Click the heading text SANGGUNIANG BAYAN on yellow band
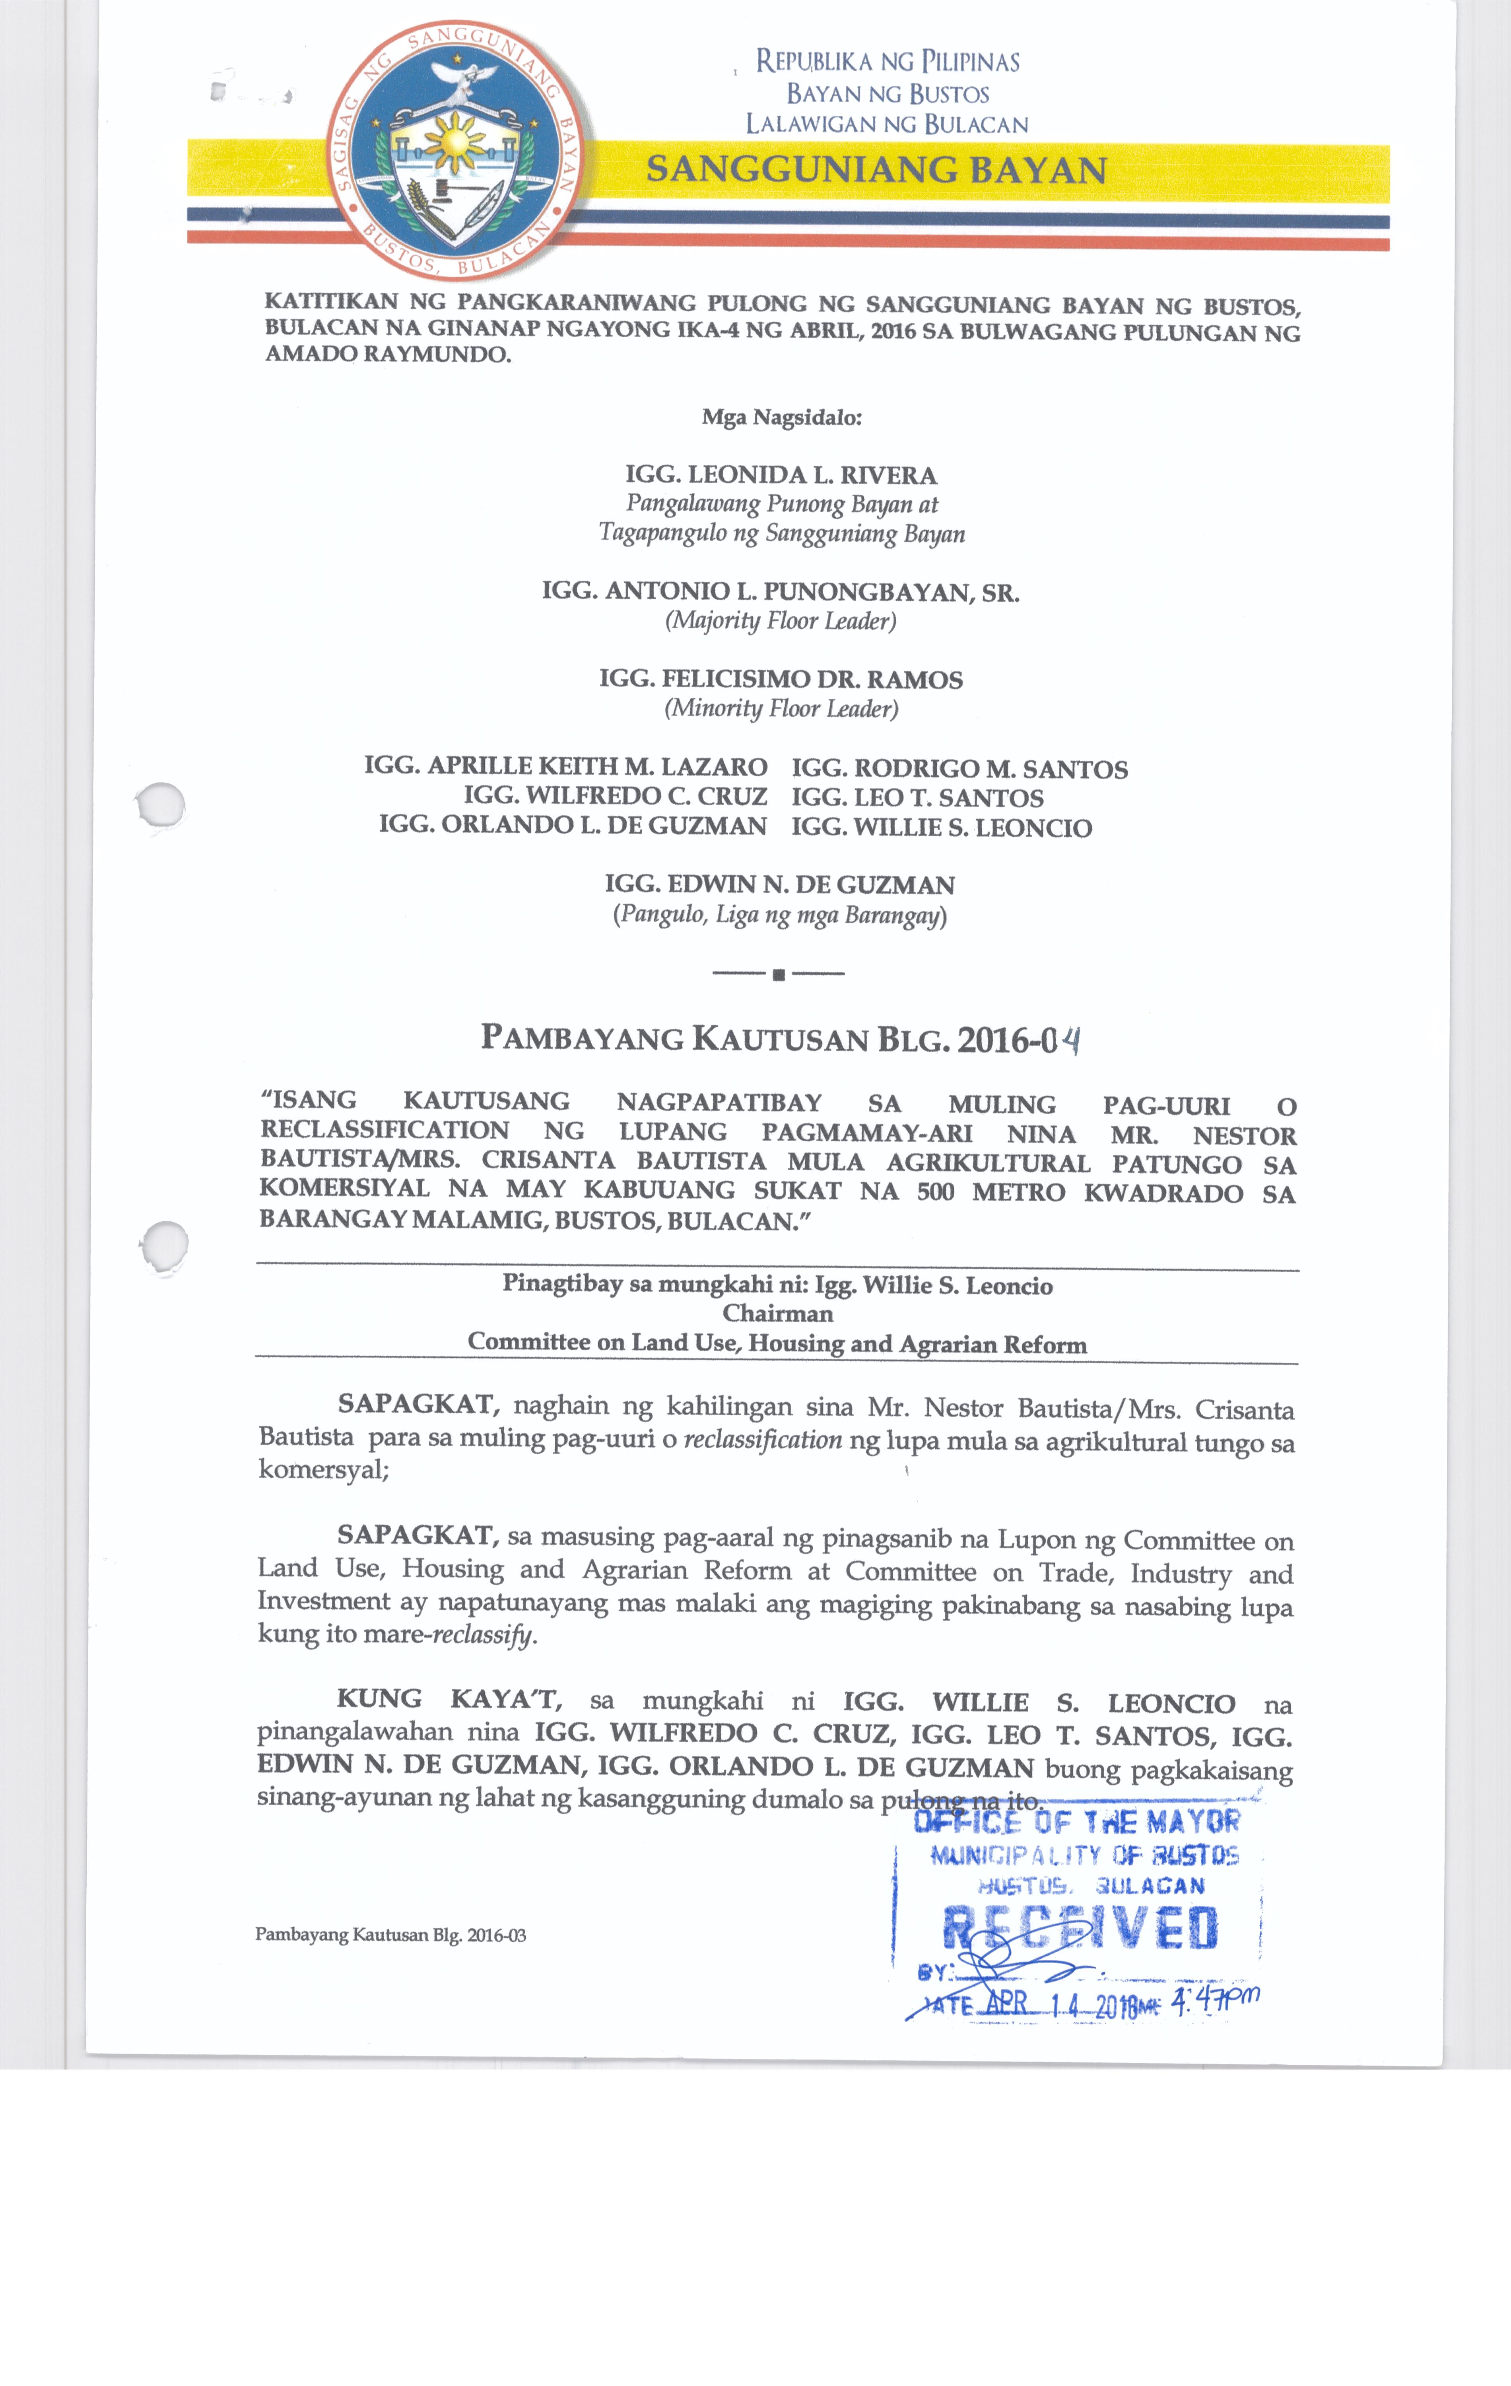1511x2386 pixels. coord(876,171)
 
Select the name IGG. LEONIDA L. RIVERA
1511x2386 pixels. coord(781,476)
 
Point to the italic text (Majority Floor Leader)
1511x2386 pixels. coord(781,621)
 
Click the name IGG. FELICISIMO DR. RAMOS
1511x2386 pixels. coord(781,680)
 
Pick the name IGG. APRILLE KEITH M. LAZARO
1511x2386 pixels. coord(566,767)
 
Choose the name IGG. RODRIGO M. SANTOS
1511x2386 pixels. coord(959,769)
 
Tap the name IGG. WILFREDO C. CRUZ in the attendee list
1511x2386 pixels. coord(615,796)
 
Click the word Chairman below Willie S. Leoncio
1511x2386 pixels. coord(778,1314)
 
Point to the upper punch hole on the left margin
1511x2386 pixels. coord(161,804)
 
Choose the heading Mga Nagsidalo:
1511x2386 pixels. coord(782,417)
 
